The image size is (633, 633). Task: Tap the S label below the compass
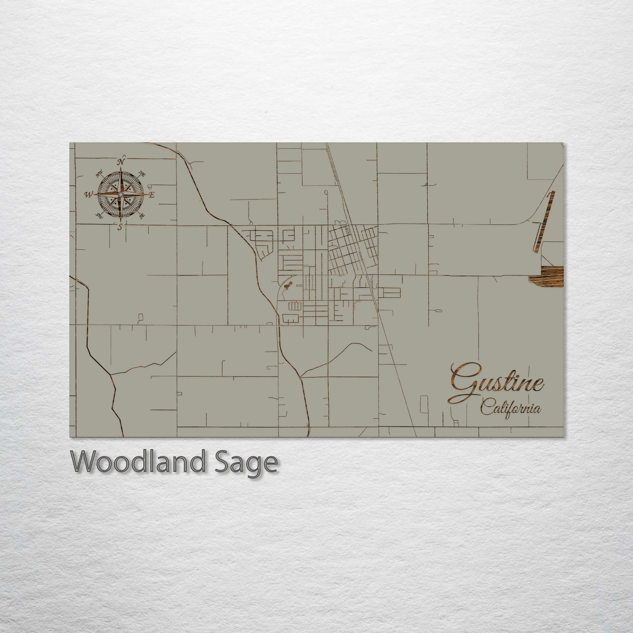point(120,227)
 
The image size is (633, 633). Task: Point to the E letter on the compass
point(151,195)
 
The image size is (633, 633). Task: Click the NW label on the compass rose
point(99,174)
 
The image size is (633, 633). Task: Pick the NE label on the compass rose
point(142,174)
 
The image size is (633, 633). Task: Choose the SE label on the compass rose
point(141,216)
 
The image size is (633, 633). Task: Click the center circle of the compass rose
point(121,195)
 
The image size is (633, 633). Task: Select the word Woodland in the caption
point(138,461)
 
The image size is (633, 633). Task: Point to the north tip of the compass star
point(121,168)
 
